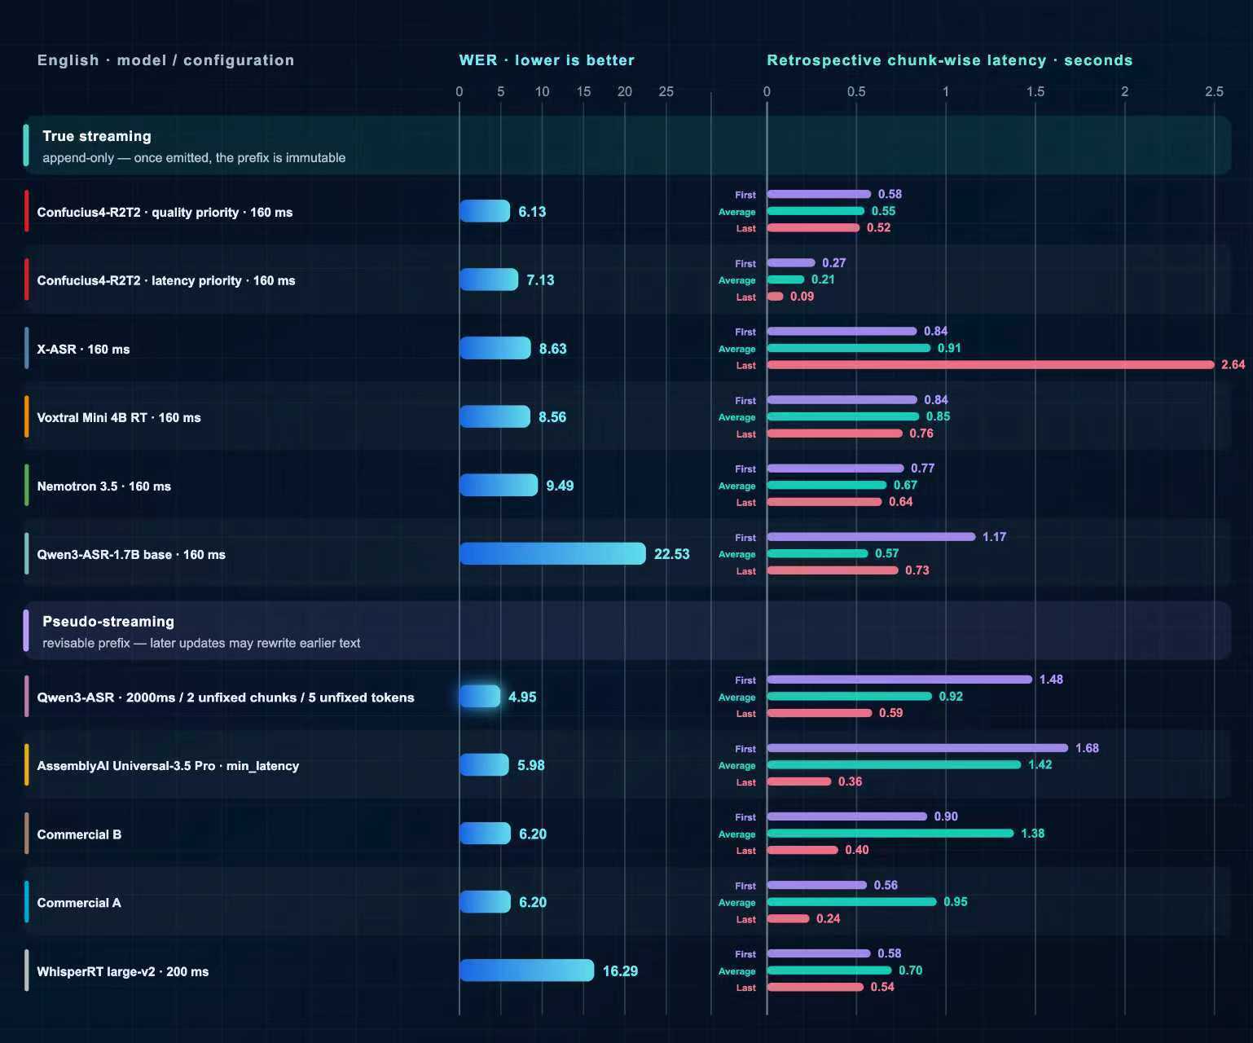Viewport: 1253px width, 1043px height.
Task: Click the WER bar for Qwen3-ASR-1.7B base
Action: click(552, 553)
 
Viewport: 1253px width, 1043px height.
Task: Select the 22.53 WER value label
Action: click(671, 554)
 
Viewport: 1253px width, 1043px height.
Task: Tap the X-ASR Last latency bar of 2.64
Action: click(990, 365)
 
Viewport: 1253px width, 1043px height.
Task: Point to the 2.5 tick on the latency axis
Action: click(1214, 91)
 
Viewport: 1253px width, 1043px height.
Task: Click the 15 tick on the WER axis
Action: click(583, 91)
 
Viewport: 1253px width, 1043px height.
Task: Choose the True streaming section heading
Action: click(97, 136)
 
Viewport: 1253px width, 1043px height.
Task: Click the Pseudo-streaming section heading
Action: click(108, 621)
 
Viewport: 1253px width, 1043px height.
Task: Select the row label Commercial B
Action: click(79, 834)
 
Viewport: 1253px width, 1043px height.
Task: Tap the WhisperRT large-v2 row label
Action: click(123, 971)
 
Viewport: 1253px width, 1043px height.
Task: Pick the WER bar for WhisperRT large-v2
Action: click(526, 970)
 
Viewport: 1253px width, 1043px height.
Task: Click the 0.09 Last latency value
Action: click(802, 297)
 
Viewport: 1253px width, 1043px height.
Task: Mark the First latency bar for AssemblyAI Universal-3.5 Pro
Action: click(917, 748)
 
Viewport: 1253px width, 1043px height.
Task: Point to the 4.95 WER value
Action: click(522, 697)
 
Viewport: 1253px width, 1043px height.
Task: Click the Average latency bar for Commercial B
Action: click(890, 833)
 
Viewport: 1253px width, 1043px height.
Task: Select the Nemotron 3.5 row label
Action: click(103, 486)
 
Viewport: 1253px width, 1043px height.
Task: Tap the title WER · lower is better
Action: click(547, 60)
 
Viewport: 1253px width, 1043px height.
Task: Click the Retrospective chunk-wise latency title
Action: click(950, 60)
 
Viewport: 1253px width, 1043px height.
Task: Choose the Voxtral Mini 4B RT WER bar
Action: click(495, 416)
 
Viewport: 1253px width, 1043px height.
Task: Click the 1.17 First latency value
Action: click(995, 536)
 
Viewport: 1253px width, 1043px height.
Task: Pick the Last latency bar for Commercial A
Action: click(789, 918)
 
